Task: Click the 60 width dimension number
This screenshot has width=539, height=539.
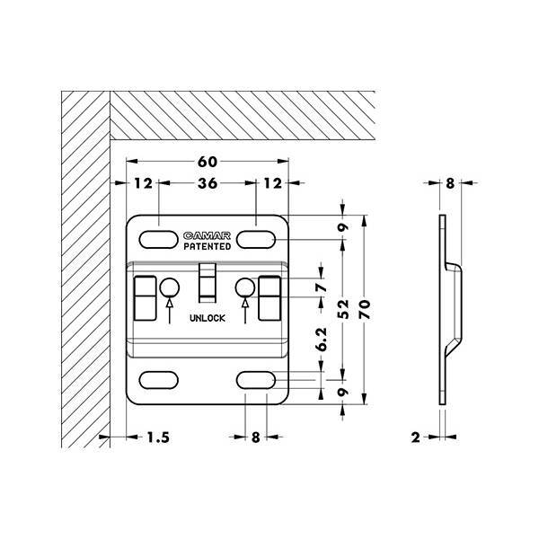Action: coord(208,162)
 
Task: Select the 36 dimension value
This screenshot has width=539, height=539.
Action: coord(208,183)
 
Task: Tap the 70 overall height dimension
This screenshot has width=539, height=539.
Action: coord(365,309)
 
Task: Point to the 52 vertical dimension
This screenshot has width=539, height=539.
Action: coord(343,309)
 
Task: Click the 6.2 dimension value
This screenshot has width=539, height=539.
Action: coord(321,340)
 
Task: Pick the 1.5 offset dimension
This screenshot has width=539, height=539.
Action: coord(158,437)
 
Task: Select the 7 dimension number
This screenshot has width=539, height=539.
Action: coord(321,287)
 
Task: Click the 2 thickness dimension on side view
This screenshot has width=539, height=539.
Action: coord(416,437)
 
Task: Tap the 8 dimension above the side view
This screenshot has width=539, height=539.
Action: coord(450,183)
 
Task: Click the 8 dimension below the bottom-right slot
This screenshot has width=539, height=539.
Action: coord(255,437)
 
